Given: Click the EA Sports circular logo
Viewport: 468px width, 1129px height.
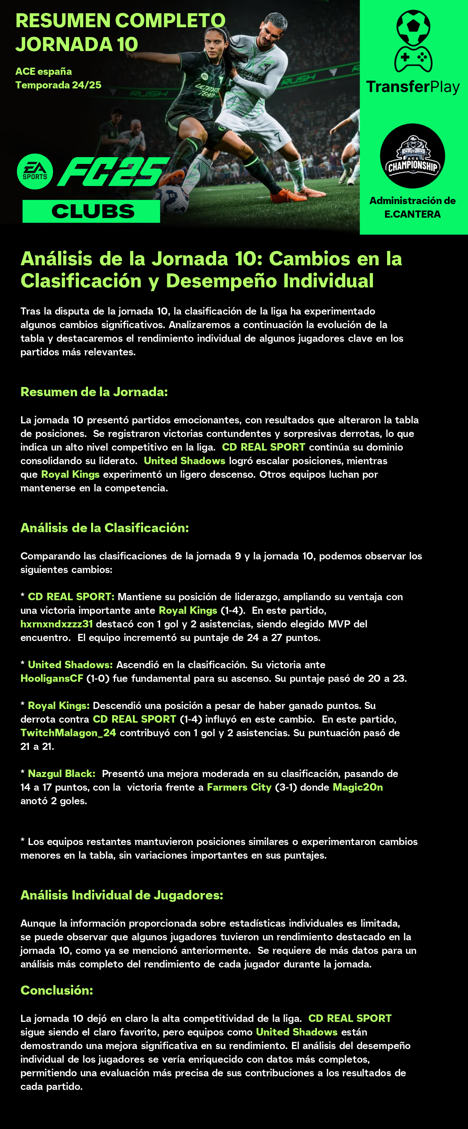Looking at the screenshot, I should click(35, 171).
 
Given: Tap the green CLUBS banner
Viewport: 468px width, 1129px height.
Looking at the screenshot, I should click(91, 211).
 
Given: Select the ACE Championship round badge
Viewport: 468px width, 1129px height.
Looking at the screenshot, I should click(412, 156).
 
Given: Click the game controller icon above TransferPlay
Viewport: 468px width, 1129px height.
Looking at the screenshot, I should click(413, 59).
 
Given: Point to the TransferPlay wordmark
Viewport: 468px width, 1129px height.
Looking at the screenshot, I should click(413, 87).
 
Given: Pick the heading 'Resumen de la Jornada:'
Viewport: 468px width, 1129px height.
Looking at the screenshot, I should click(94, 391).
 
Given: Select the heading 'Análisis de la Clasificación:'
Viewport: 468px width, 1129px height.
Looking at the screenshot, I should click(105, 528).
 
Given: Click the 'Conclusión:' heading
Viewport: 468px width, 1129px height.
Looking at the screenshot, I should click(57, 990).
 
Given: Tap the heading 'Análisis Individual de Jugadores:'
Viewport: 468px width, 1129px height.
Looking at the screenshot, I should click(122, 895).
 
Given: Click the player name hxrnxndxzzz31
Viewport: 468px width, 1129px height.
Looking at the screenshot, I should click(56, 624).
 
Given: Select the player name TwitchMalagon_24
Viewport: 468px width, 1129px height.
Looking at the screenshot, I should click(68, 732).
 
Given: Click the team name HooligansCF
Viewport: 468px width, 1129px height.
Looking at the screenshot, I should click(52, 678).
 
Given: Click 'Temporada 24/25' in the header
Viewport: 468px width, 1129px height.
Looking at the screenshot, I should click(58, 85).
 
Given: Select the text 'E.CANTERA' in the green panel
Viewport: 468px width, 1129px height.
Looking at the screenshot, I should click(412, 214).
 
